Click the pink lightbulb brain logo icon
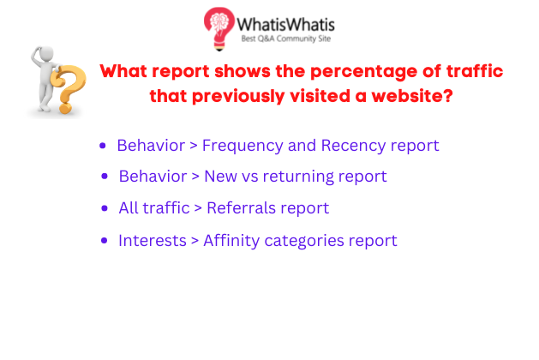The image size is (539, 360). coord(219,28)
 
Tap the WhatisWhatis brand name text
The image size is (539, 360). coord(285,25)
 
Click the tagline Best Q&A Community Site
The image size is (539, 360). coord(286,39)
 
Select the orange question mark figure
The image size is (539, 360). coord(69,89)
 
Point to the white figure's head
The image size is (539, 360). coord(45,54)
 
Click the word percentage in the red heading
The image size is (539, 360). coord(363,72)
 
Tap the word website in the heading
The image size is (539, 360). coord(412,96)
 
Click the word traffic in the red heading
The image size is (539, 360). coord(475,70)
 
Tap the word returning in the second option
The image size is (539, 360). coord(298,177)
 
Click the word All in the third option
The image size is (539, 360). coord(129,208)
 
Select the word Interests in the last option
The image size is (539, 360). coord(153,240)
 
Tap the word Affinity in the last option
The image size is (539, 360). coord(231,240)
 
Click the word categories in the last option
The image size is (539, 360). coord(304,241)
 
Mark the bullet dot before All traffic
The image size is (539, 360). coord(105,208)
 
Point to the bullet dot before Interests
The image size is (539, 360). coord(105,240)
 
